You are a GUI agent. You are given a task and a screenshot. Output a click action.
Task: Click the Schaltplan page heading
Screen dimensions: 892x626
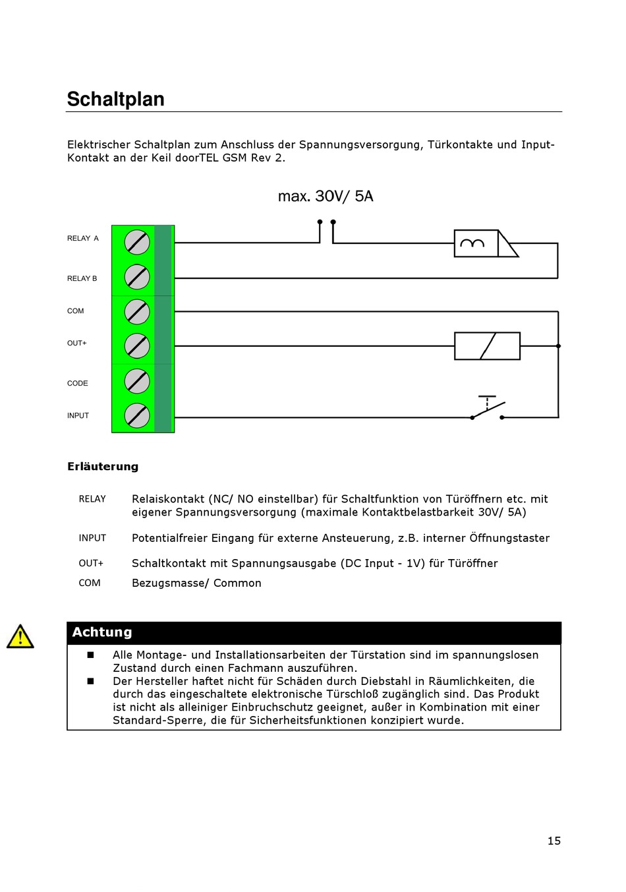pyautogui.click(x=116, y=100)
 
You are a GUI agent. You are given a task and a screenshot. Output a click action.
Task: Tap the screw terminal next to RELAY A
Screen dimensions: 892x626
pyautogui.click(x=137, y=242)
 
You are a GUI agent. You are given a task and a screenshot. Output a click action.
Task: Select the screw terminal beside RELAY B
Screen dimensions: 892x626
pyautogui.click(x=137, y=277)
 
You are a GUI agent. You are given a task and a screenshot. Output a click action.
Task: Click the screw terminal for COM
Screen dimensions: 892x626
pyautogui.click(x=137, y=312)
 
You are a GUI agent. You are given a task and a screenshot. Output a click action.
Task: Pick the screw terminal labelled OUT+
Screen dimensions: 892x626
pyautogui.click(x=137, y=345)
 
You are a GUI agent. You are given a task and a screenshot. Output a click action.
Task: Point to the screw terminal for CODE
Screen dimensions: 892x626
pyautogui.click(x=137, y=381)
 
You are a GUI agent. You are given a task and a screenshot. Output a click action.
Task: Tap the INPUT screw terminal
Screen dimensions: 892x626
pyautogui.click(x=137, y=415)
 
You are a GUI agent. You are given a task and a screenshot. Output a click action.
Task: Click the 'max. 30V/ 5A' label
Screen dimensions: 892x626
pyautogui.click(x=326, y=196)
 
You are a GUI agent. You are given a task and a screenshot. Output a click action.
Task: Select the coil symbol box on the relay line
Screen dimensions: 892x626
pyautogui.click(x=476, y=243)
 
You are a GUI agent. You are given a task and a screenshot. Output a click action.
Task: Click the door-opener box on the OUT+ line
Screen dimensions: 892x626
pyautogui.click(x=487, y=345)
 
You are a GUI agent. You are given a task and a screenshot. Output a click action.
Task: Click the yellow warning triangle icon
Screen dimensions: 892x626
pyautogui.click(x=20, y=637)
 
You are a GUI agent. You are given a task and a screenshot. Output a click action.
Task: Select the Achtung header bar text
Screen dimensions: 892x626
pyautogui.click(x=102, y=632)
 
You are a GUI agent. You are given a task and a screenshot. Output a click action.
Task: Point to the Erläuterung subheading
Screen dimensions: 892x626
pyautogui.click(x=103, y=467)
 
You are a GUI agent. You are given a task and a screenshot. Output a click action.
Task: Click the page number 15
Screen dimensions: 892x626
pyautogui.click(x=554, y=841)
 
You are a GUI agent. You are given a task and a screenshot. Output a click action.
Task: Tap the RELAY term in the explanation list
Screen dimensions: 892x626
pyautogui.click(x=92, y=499)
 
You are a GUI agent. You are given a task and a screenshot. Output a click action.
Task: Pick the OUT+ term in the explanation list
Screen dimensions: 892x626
pyautogui.click(x=91, y=563)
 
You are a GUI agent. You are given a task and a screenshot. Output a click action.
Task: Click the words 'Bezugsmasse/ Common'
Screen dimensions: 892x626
pyautogui.click(x=196, y=583)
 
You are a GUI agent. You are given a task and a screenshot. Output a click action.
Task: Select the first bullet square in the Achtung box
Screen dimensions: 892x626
pyautogui.click(x=90, y=655)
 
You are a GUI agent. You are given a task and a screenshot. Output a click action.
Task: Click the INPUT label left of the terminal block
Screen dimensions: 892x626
pyautogui.click(x=78, y=415)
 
